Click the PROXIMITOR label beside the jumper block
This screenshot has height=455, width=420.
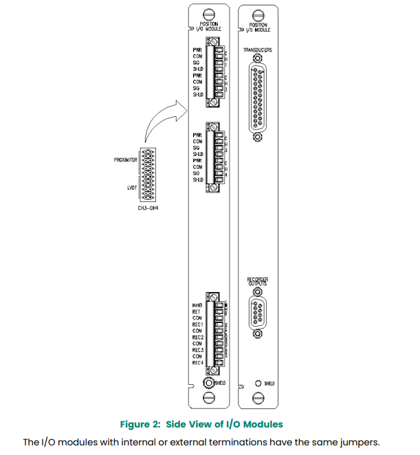tap(126, 160)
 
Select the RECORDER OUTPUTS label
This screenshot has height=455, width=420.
tap(257, 280)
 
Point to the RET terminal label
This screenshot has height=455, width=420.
tap(197, 311)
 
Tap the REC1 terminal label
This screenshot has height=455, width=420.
tap(198, 324)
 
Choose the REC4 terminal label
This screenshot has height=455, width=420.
tap(198, 362)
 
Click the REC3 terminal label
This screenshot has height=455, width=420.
tap(198, 350)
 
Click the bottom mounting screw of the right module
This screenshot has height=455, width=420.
tap(257, 397)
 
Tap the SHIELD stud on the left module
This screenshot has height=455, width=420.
tap(208, 383)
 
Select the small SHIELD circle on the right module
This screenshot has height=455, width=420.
tap(257, 383)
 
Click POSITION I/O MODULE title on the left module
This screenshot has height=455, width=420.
tap(208, 27)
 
